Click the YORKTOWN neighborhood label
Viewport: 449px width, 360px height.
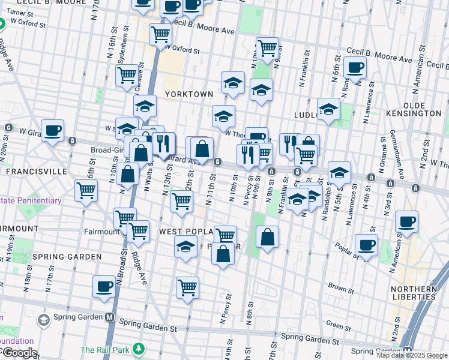coord(189,94)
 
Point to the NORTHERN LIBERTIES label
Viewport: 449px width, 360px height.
coord(413,292)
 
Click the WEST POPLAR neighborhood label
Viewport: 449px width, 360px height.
coord(186,232)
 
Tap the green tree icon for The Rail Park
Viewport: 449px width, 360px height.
coord(139,348)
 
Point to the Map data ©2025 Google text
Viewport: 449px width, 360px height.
coord(412,355)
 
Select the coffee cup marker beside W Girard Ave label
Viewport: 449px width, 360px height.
coord(52,130)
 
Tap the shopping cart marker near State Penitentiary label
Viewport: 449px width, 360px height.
coord(86,190)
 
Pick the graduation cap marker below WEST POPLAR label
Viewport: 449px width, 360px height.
coord(185,246)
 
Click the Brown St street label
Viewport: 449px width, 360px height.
coord(341,289)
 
